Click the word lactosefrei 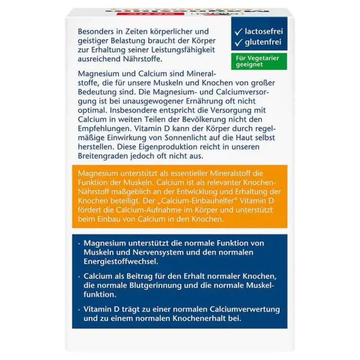263,32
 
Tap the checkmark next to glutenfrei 239,43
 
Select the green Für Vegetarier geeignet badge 259,61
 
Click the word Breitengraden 101,157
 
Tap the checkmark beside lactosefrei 239,32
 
